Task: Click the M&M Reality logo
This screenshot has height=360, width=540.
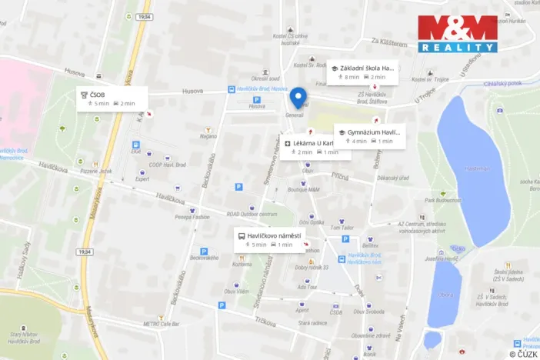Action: point(457,33)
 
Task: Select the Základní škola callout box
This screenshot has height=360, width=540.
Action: point(362,72)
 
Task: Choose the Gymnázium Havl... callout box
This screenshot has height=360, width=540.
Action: point(369,136)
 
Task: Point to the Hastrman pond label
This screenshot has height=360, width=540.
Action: point(476,168)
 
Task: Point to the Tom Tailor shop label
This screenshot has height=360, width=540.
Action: point(341,228)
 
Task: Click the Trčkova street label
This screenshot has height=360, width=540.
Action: point(266,322)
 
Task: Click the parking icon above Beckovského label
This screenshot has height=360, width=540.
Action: point(204,251)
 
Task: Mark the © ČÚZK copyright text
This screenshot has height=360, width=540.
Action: point(522,354)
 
